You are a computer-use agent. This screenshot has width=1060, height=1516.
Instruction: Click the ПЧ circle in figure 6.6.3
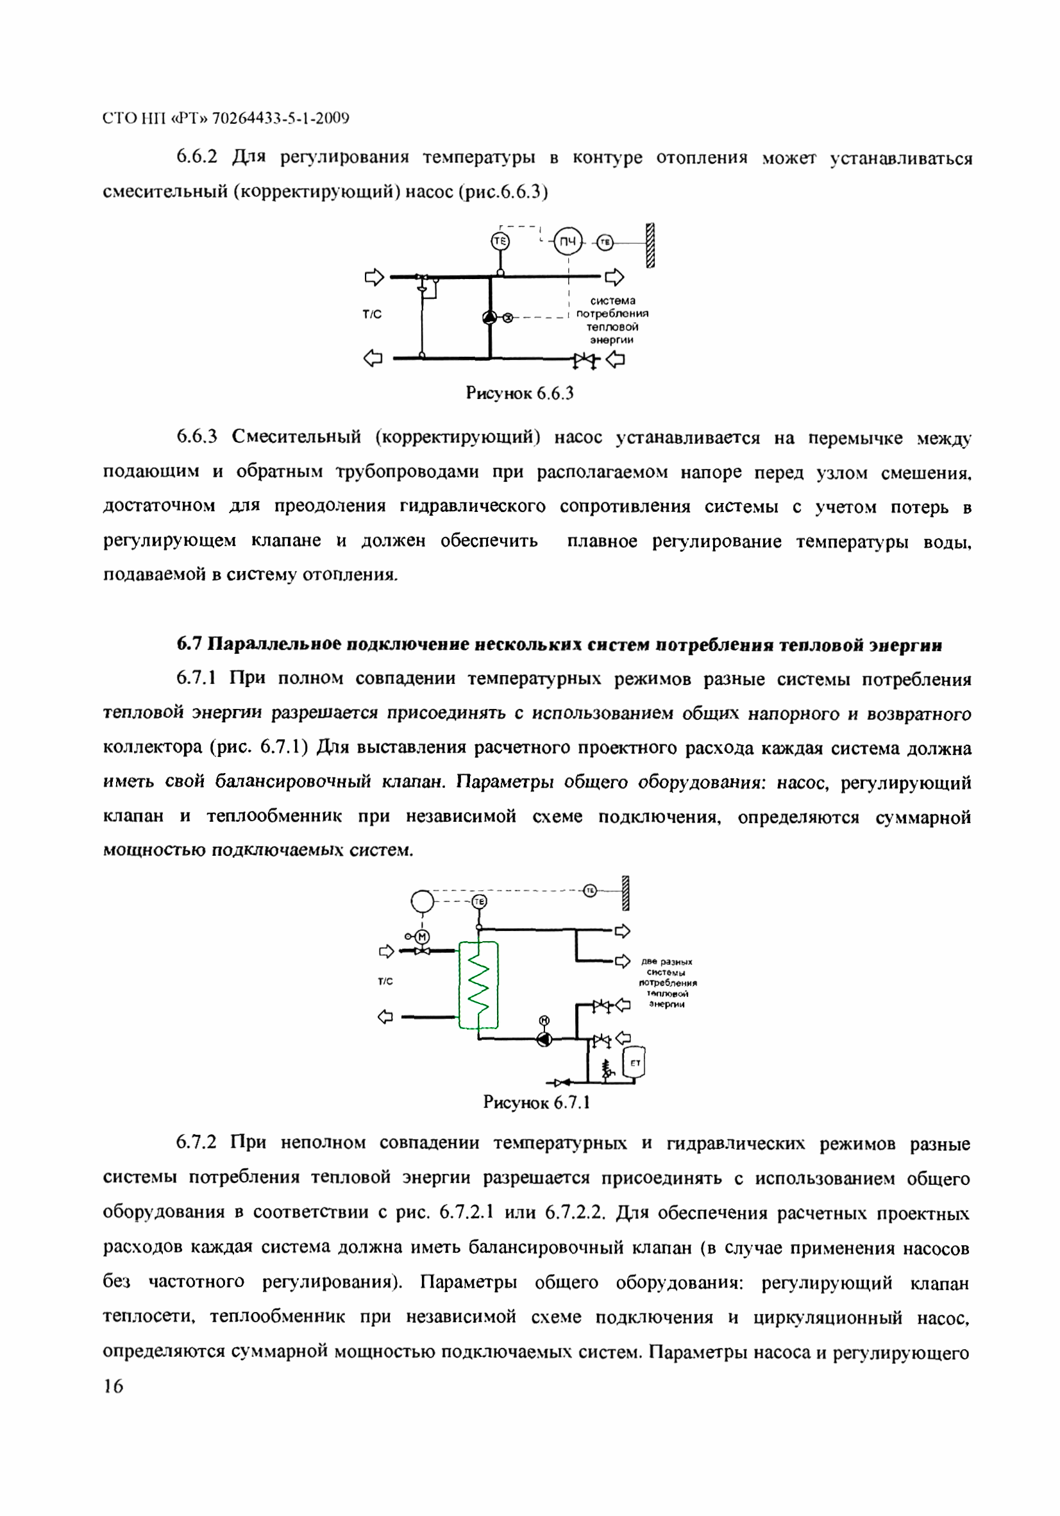567,243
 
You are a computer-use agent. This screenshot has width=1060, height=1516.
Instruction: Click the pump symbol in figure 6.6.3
489,318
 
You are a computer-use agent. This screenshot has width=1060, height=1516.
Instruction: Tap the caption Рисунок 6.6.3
519,393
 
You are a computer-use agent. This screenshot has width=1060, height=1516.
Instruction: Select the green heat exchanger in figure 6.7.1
478,985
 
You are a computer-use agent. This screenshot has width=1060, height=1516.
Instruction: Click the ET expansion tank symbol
635,1062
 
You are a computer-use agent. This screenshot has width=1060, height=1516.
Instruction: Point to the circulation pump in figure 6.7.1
544,1040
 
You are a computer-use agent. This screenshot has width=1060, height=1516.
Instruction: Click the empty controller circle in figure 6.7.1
423,901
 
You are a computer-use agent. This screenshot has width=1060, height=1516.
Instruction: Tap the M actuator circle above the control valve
423,936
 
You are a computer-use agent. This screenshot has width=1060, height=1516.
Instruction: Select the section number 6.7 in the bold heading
188,644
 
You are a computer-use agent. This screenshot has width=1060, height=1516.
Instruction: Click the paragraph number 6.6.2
196,157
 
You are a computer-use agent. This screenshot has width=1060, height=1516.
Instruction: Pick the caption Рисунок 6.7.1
536,1103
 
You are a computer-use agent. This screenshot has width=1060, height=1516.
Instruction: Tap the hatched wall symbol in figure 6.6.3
650,245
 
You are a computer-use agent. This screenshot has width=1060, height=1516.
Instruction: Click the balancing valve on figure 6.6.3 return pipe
584,361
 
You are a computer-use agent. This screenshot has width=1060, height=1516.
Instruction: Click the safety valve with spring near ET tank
607,1068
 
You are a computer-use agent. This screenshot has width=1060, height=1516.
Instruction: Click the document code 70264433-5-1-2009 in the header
281,118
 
